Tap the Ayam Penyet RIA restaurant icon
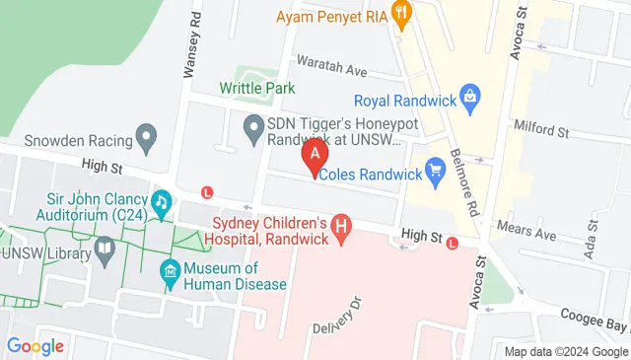click(x=401, y=14)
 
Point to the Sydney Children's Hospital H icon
click(x=342, y=230)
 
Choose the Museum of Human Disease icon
click(x=170, y=269)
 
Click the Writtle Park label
click(x=258, y=89)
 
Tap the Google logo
click(x=35, y=346)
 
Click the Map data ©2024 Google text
click(x=566, y=352)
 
